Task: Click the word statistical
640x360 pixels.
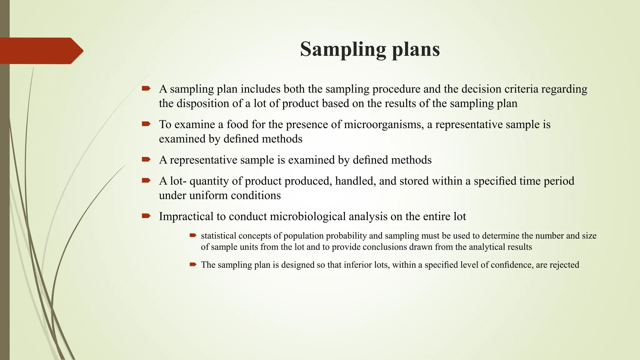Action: tap(218, 236)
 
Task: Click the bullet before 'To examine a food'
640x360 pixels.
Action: tap(146, 124)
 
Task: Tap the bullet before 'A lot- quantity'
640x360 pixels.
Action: tap(146, 180)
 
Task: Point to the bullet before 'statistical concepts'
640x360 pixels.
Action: tap(193, 235)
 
